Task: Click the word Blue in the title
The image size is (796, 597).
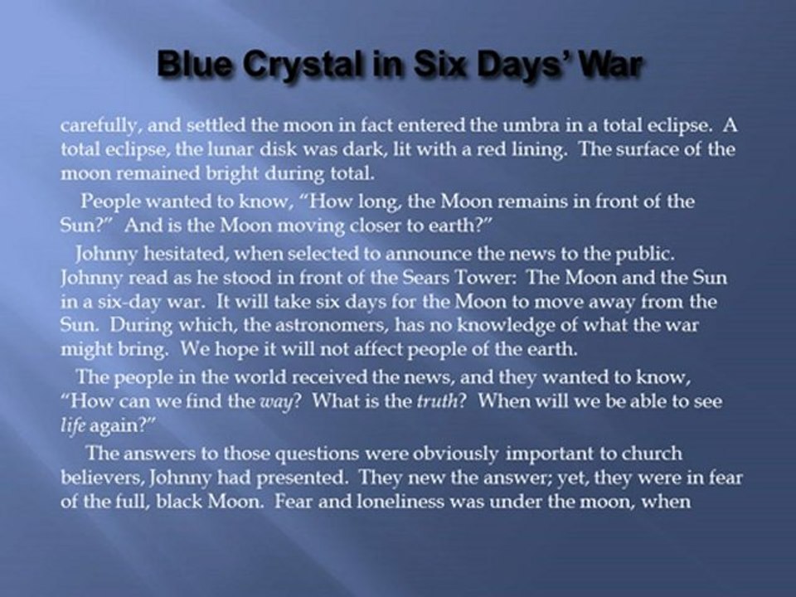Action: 196,65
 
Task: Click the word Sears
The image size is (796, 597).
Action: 426,277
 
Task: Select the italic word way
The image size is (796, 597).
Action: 277,402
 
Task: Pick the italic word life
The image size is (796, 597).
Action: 73,425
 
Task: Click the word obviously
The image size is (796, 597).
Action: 455,454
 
